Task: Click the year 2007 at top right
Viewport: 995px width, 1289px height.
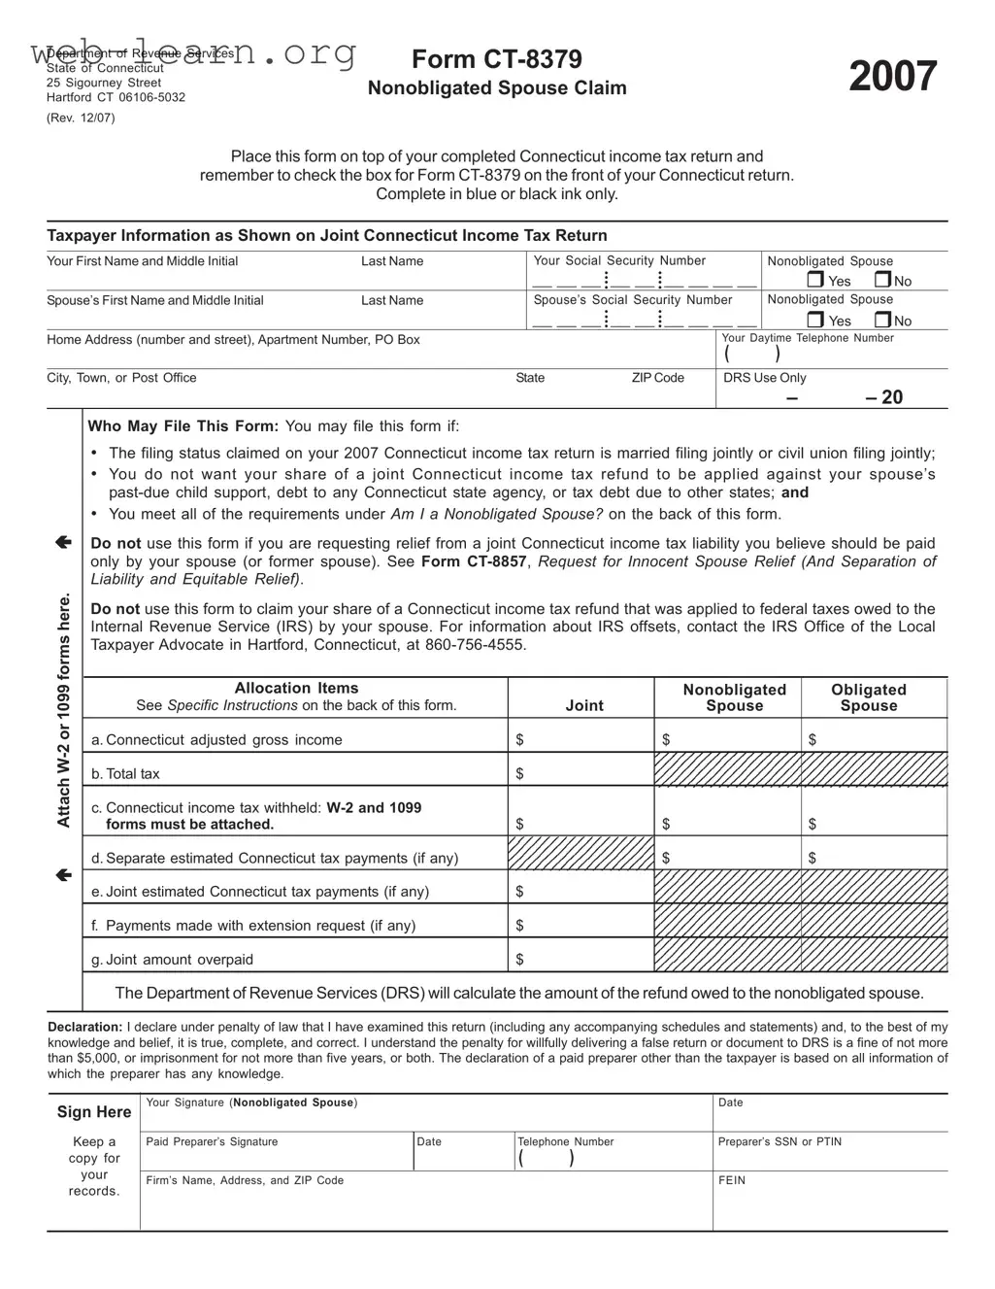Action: point(892,77)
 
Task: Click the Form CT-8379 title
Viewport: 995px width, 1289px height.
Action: point(496,59)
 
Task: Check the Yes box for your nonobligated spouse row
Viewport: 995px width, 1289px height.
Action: point(815,281)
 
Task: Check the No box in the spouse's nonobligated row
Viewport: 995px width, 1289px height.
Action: point(882,320)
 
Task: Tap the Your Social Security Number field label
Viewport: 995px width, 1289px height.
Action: point(619,260)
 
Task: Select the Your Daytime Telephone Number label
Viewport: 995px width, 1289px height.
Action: point(808,338)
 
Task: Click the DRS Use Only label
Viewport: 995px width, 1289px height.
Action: point(764,378)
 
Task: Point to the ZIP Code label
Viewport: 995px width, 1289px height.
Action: point(657,378)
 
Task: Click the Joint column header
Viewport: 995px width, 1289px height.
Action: point(584,705)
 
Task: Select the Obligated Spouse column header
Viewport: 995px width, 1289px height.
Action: point(868,697)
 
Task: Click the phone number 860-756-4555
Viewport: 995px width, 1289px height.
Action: point(476,645)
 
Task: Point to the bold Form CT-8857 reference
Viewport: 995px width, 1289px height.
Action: point(475,561)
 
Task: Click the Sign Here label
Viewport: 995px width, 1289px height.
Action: point(93,1112)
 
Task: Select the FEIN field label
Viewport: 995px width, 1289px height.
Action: point(731,1180)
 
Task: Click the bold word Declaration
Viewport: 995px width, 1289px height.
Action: point(84,1027)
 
